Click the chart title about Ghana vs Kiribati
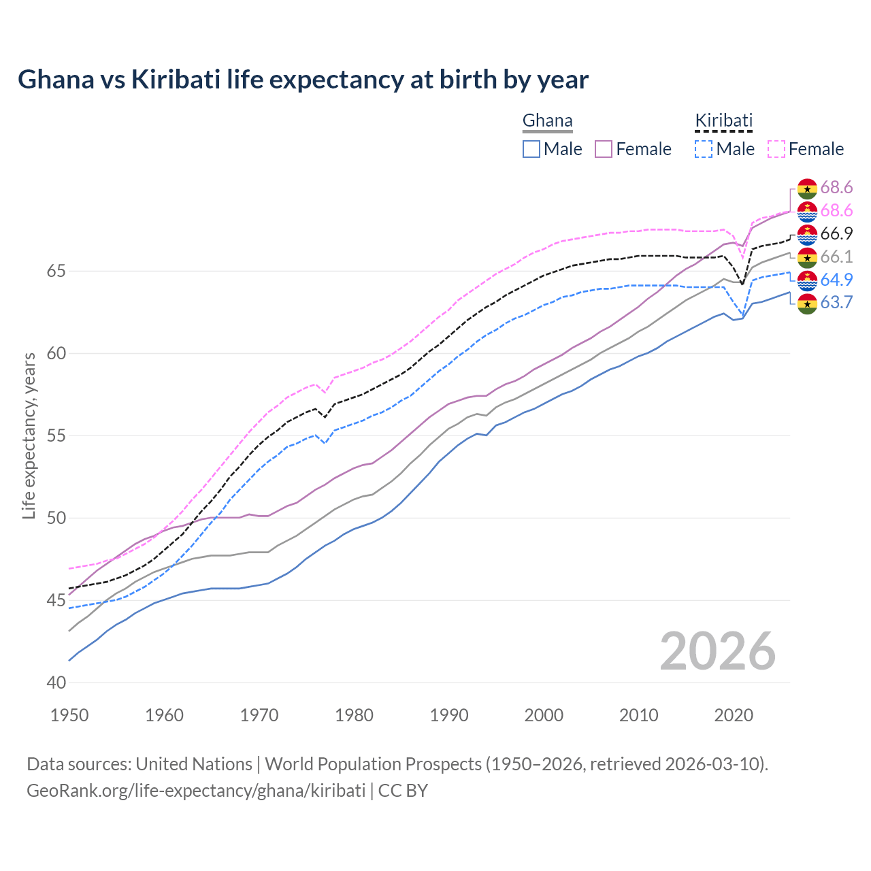pos(303,80)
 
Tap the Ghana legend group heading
pos(547,121)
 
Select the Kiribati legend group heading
pos(723,121)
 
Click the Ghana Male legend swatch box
pos(531,149)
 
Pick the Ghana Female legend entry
pos(633,149)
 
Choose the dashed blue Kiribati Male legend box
pos(704,149)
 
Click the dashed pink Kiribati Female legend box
pos(776,149)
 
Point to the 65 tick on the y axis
pos(56,271)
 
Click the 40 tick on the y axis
pos(56,683)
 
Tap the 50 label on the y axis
pos(56,518)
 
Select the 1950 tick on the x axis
pos(69,715)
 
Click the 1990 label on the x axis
pos(449,715)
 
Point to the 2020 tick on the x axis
pos(734,715)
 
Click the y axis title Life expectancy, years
pos(29,435)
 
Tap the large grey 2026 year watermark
pos(717,651)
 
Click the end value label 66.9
pos(836,233)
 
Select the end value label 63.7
pos(836,302)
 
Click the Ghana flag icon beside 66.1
pos(807,257)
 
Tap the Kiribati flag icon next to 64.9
pos(807,280)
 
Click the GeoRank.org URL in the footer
pos(196,791)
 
